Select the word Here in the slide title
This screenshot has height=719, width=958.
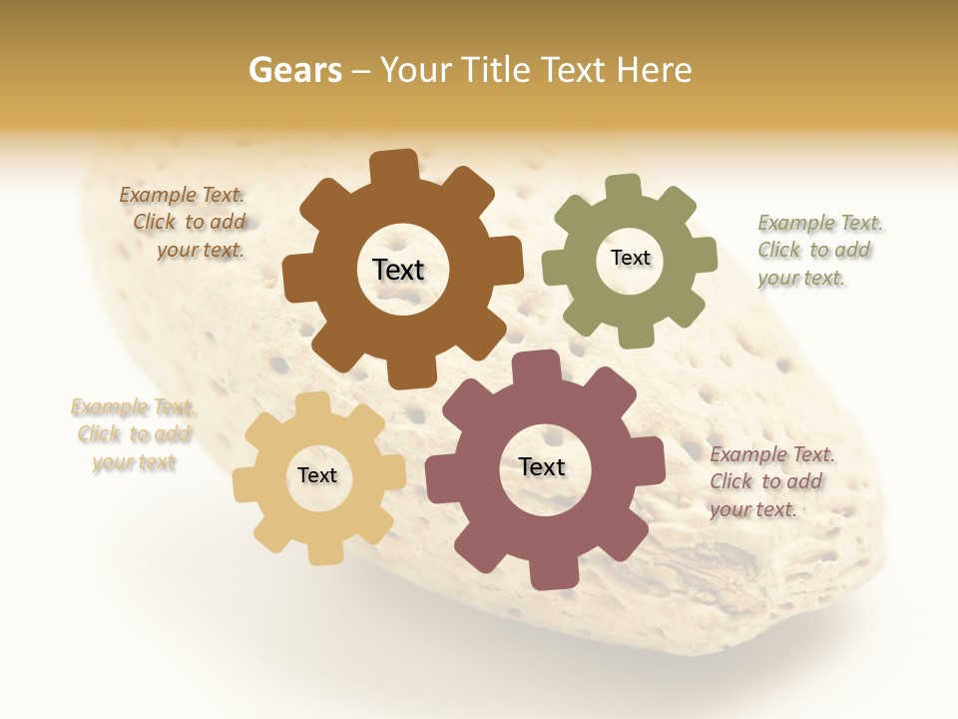(x=655, y=70)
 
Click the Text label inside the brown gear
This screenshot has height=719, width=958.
(x=398, y=270)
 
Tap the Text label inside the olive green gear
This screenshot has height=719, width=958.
(x=630, y=258)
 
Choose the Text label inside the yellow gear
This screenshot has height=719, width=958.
(x=317, y=475)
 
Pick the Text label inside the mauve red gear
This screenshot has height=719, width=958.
(x=542, y=466)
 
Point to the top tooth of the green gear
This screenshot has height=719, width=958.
(x=623, y=190)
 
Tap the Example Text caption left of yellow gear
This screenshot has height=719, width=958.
(x=133, y=434)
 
